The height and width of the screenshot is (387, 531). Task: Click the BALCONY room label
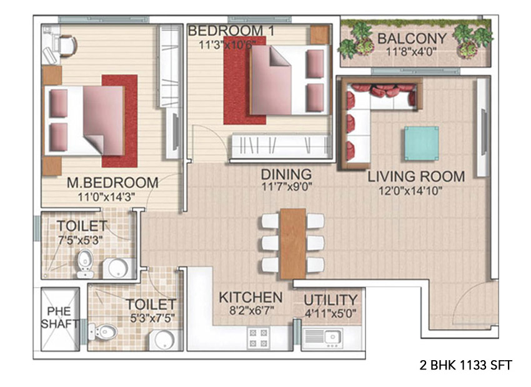pyautogui.click(x=412, y=39)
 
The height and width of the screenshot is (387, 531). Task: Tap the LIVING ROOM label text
pyautogui.click(x=416, y=177)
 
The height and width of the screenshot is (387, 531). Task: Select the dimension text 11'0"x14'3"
pyautogui.click(x=106, y=197)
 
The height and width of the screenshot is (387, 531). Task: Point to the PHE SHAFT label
pyautogui.click(x=59, y=317)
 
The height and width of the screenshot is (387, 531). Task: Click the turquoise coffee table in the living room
pyautogui.click(x=421, y=144)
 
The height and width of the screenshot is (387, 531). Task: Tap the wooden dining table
pyautogui.click(x=293, y=243)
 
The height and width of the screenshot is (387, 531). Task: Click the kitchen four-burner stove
pyautogui.click(x=259, y=338)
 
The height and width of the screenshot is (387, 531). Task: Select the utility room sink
pyautogui.click(x=332, y=337)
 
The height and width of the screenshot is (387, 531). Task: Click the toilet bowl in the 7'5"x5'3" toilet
pyautogui.click(x=85, y=263)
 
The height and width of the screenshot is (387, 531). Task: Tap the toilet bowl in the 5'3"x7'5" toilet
pyautogui.click(x=102, y=332)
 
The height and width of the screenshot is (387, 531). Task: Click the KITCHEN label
pyautogui.click(x=251, y=298)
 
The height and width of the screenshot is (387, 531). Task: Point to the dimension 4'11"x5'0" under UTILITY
pyautogui.click(x=330, y=313)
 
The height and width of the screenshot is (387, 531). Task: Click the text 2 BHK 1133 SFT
pyautogui.click(x=465, y=365)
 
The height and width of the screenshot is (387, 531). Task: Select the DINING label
pyautogui.click(x=286, y=175)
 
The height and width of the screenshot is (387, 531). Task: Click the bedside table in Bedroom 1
pyautogui.click(x=320, y=34)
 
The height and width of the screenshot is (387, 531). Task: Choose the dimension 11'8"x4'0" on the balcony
pyautogui.click(x=412, y=51)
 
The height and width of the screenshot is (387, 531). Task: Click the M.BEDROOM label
pyautogui.click(x=113, y=183)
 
